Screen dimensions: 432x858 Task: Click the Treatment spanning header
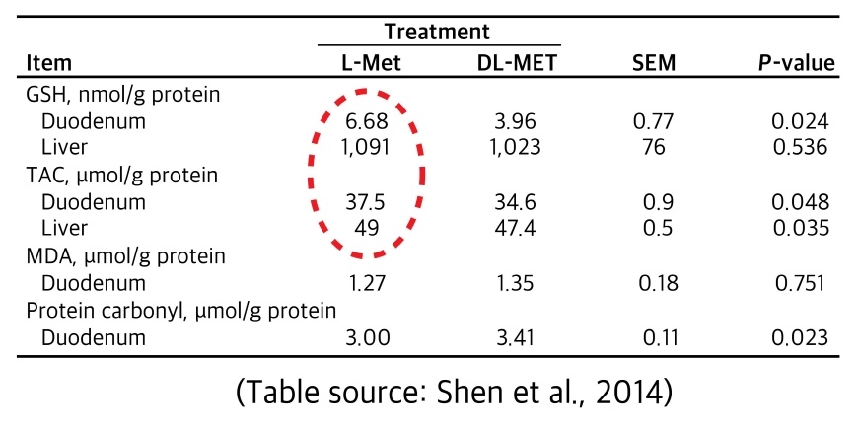coord(438,32)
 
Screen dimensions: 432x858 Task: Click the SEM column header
coord(653,64)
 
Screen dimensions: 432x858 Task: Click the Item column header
coord(49,64)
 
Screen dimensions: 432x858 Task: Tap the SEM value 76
coord(654,149)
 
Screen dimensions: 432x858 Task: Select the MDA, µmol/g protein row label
coord(127,257)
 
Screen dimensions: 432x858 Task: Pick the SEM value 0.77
coord(654,122)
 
